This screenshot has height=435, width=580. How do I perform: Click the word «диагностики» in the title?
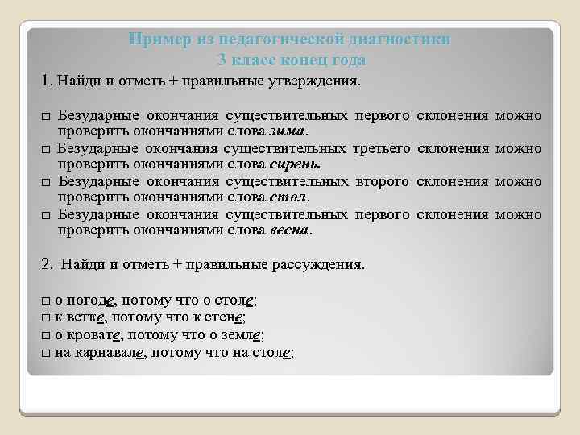(x=403, y=39)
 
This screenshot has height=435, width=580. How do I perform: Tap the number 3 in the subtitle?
(x=222, y=60)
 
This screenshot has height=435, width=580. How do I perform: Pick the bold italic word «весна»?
(x=288, y=230)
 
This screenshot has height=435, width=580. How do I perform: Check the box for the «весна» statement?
(x=46, y=215)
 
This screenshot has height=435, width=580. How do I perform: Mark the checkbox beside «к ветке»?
(x=46, y=318)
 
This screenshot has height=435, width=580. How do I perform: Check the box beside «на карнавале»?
(x=46, y=353)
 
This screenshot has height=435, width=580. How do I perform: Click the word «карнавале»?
(x=112, y=352)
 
